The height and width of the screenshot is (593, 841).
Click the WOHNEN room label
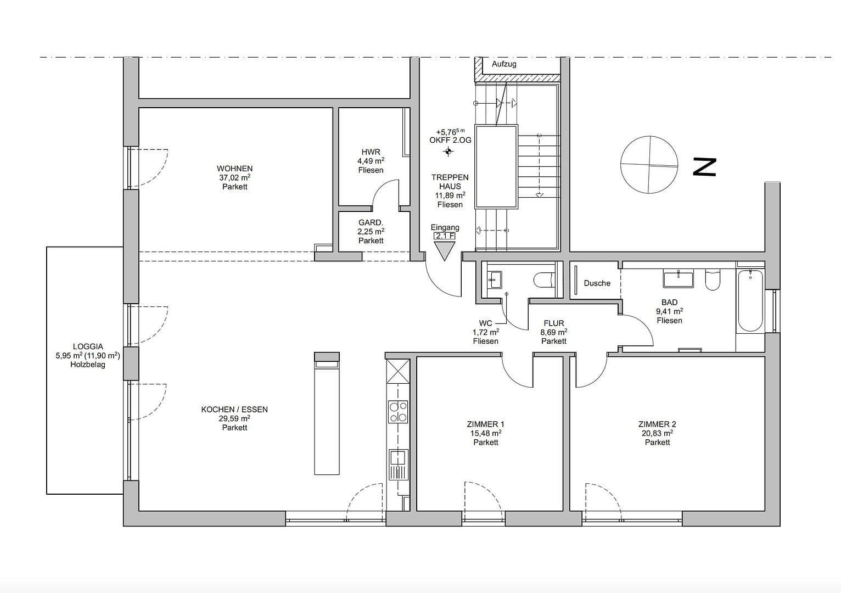click(x=234, y=169)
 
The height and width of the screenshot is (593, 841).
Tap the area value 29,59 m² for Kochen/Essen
click(x=234, y=418)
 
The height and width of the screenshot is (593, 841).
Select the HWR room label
click(x=371, y=152)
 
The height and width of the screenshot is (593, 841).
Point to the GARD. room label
click(x=371, y=222)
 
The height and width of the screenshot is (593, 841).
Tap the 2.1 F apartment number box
click(x=445, y=236)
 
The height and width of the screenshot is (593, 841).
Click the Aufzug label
click(x=503, y=64)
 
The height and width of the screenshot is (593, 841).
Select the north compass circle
click(x=649, y=165)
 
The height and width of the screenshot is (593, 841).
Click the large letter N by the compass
click(x=704, y=167)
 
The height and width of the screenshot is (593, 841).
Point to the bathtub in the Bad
click(x=750, y=300)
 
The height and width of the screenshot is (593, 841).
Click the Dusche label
click(x=597, y=283)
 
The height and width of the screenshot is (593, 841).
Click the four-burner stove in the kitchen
click(x=398, y=412)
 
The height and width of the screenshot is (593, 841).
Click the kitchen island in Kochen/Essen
click(x=327, y=413)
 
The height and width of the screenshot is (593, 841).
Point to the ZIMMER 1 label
click(x=485, y=424)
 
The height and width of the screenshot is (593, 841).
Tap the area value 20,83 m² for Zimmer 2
click(x=657, y=433)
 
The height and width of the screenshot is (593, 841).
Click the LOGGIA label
click(x=88, y=346)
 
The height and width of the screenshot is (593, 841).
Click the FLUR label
click(x=553, y=323)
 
